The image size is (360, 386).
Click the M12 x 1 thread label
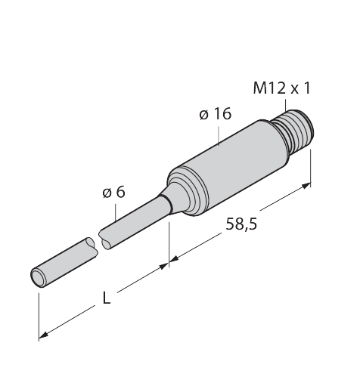282,88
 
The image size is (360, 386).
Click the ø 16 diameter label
215,115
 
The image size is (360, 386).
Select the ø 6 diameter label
113,193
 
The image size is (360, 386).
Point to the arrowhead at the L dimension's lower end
44,332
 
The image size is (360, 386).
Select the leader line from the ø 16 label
218,133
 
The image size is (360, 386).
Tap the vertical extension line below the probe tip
39,310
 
